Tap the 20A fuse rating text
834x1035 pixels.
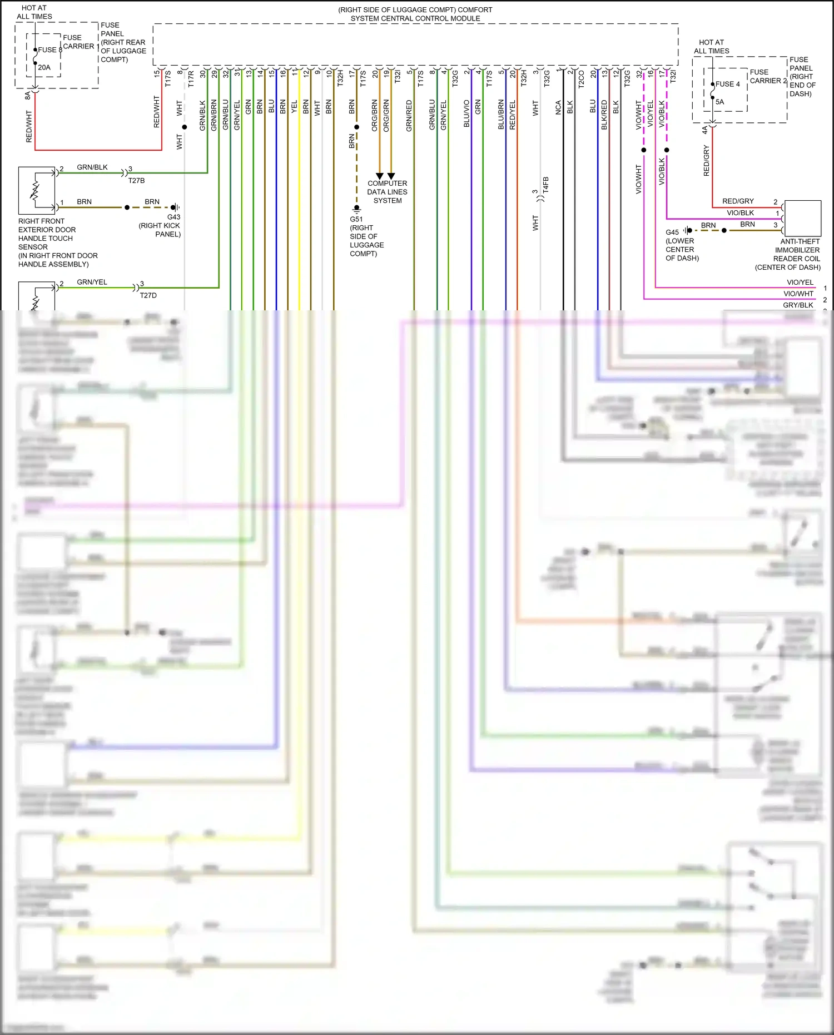pos(44,67)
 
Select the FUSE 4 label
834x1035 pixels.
pos(727,84)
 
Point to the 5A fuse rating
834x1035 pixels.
pos(719,102)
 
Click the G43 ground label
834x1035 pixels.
pos(173,217)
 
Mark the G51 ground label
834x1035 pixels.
pos(356,219)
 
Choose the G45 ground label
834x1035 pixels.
pos(672,232)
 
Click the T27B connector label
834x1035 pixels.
pos(136,181)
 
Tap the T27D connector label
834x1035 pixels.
pos(148,295)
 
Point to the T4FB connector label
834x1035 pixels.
pos(545,185)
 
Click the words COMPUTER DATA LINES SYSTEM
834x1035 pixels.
pos(387,192)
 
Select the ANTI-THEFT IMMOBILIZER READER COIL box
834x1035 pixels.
pos(803,218)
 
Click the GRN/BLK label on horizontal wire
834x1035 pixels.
pos(92,167)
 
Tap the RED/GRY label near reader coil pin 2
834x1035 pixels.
pos(738,201)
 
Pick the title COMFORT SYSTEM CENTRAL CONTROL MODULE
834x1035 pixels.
pos(415,14)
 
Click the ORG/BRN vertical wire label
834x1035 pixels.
pos(374,116)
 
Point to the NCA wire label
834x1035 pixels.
pos(558,107)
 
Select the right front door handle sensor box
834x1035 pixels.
pos(37,190)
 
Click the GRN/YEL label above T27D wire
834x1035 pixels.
pos(92,282)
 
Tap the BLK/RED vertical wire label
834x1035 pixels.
pos(604,115)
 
